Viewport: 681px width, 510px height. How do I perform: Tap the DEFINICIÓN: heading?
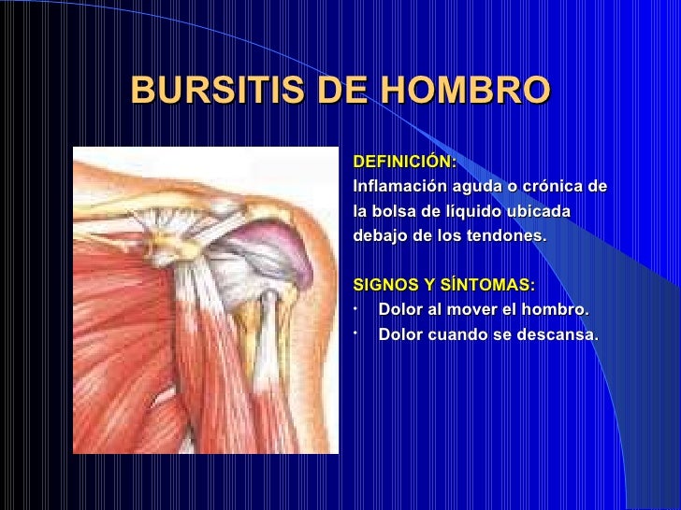(x=405, y=163)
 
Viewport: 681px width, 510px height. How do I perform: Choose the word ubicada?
(x=538, y=212)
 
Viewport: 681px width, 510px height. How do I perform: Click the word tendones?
(x=507, y=236)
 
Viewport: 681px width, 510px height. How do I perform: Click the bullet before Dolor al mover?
(x=356, y=307)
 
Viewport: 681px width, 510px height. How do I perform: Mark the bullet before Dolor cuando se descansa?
(x=356, y=332)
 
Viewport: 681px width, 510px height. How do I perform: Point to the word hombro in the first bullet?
(x=555, y=310)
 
